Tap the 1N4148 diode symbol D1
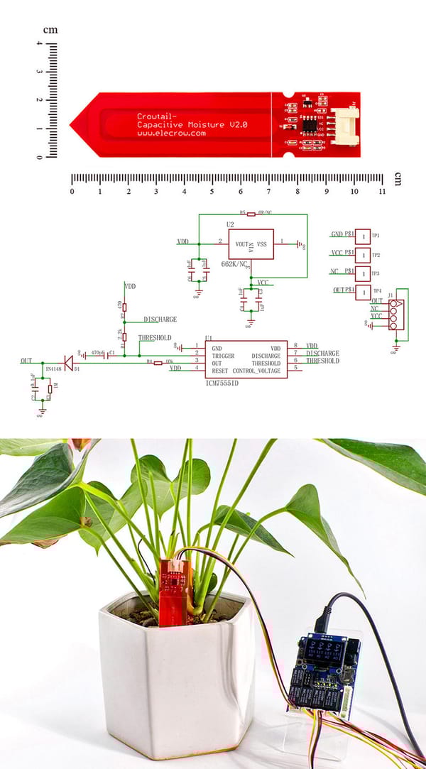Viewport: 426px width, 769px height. (x=68, y=362)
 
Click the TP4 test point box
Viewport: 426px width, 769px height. (x=362, y=292)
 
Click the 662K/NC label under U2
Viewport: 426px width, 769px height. (x=234, y=263)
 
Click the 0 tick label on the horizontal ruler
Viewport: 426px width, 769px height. (x=72, y=191)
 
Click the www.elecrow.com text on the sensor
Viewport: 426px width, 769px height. (x=170, y=132)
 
